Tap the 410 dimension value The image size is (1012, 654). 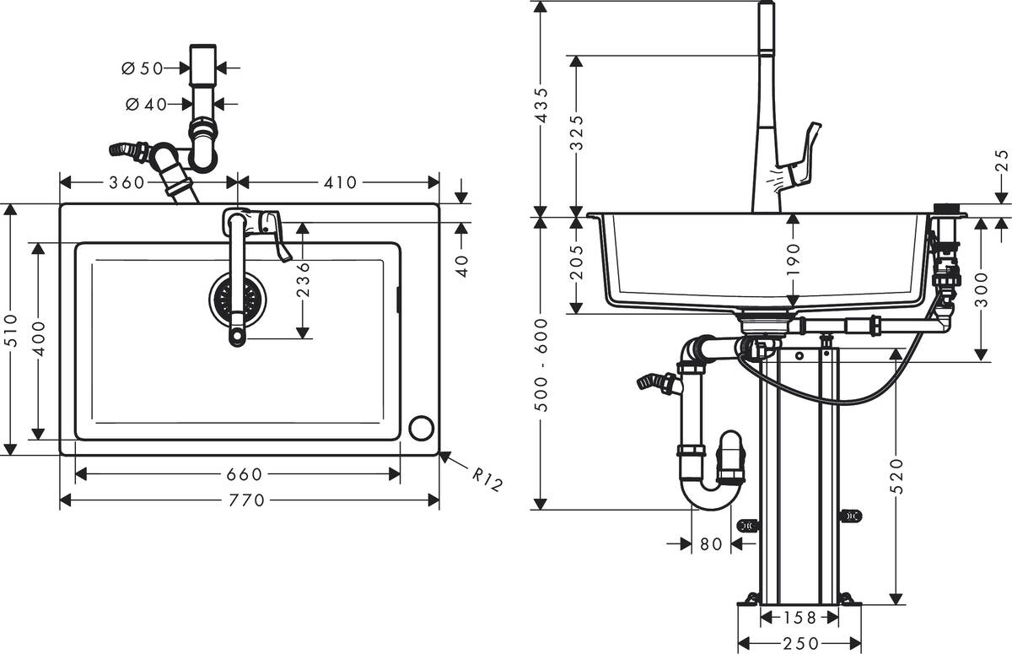coord(340,182)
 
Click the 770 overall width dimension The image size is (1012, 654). coord(247,500)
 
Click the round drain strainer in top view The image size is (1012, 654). coord(237,300)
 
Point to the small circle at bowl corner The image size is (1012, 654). coord(421,427)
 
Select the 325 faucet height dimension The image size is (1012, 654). coord(578,132)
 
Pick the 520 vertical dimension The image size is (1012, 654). coord(896,475)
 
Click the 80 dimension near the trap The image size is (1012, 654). coord(711,544)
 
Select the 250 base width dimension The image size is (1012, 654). coord(800,643)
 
